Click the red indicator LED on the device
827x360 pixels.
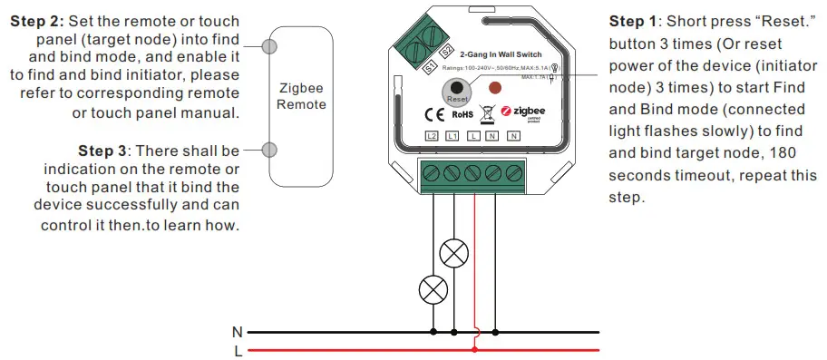coord(495,89)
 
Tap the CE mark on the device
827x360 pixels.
coord(434,115)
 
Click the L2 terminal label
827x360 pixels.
coord(433,136)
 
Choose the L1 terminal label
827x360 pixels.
coord(452,136)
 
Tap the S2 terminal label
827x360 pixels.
coord(446,54)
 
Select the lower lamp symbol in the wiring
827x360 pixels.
coord(432,290)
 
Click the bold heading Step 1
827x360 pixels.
coord(637,22)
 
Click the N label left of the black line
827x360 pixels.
coord(238,333)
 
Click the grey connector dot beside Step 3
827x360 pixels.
coord(268,150)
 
